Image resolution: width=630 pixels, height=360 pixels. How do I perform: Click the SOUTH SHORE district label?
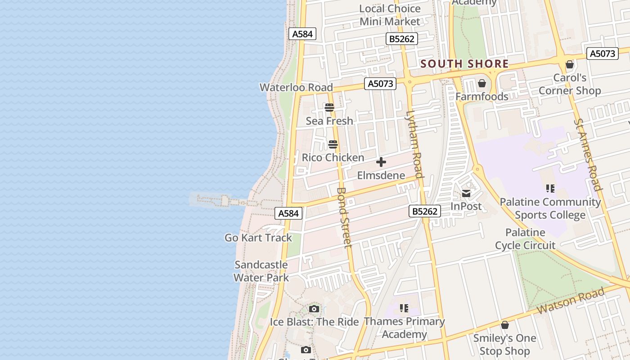point(464,64)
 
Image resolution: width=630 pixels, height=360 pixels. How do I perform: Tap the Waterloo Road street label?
point(296,87)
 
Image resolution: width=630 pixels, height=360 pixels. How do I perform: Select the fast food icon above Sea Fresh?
point(329,108)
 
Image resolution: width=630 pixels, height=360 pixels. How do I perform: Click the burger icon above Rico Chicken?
point(333,144)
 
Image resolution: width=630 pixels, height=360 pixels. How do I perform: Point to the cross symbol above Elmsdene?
point(381,162)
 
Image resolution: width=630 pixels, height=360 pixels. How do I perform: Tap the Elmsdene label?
point(381,175)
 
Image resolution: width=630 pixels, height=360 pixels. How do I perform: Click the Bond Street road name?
point(344,217)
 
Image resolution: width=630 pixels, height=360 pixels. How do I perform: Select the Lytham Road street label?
point(414,144)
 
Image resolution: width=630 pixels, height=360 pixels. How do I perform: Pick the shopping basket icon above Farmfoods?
point(482,83)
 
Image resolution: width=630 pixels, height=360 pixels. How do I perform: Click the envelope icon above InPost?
point(466,193)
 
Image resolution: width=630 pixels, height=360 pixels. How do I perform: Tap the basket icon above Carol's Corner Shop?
point(570,64)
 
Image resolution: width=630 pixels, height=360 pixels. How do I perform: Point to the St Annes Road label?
point(588,154)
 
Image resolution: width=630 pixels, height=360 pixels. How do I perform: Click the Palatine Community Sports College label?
point(550,208)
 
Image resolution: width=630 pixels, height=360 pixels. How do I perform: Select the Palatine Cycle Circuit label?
point(525,239)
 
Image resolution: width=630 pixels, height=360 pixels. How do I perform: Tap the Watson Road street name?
point(571,301)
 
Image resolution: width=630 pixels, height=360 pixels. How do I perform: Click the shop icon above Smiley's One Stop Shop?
point(505,325)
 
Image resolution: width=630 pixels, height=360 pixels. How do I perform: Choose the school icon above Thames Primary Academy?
point(404,308)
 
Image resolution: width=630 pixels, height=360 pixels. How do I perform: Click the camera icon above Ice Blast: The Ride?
point(314,309)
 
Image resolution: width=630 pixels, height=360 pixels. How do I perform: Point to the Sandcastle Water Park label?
point(261,271)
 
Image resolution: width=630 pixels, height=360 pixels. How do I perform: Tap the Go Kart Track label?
point(258,238)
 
